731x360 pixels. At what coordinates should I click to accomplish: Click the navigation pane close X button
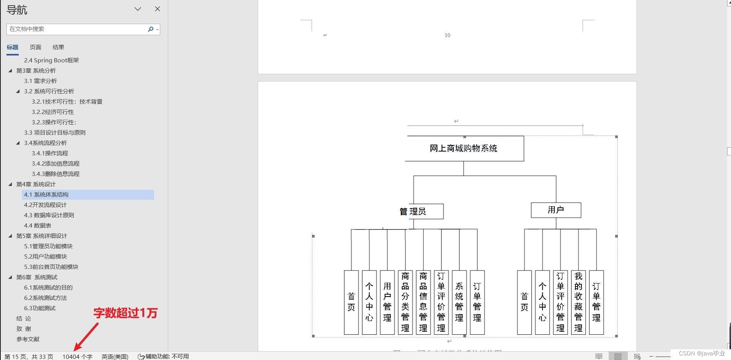[157, 9]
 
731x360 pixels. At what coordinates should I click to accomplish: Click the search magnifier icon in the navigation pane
[151, 29]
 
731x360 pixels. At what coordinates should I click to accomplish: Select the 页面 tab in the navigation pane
[35, 47]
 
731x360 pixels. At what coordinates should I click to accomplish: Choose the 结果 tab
[58, 47]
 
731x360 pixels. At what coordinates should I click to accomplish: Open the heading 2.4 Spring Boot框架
[51, 60]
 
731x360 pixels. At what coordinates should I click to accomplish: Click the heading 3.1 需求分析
[40, 81]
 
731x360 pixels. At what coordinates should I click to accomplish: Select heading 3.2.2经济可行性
[53, 112]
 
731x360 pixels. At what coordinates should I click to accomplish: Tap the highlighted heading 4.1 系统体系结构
[46, 194]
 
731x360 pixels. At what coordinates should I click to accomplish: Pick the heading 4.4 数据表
[37, 225]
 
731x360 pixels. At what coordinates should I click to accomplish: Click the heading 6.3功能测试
[40, 308]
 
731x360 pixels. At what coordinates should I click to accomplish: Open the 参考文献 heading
[28, 339]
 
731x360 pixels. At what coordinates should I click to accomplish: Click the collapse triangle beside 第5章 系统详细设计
[10, 236]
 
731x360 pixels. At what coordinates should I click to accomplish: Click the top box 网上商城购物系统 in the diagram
[464, 148]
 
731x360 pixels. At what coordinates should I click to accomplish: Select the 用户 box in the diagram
[556, 210]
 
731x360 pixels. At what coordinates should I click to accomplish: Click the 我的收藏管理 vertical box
[578, 302]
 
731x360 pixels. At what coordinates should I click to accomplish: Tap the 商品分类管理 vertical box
[405, 302]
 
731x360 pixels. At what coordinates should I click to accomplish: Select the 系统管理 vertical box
[459, 302]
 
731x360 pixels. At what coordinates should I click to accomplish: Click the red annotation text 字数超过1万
[125, 313]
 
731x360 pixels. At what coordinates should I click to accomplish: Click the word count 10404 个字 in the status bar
[77, 356]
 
